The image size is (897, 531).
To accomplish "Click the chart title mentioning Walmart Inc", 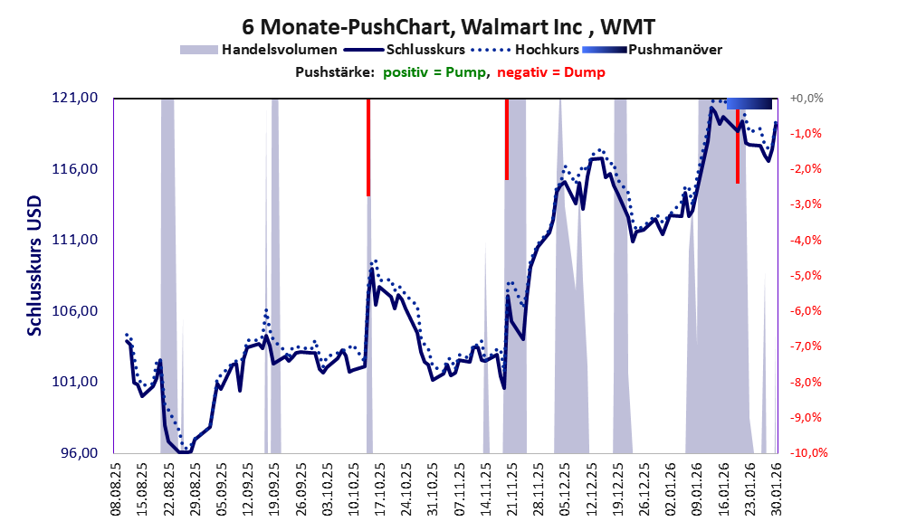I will pyautogui.click(x=449, y=24).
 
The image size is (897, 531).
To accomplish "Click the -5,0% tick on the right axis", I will pyautogui.click(x=806, y=276).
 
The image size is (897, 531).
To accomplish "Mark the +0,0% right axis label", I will pyautogui.click(x=806, y=99).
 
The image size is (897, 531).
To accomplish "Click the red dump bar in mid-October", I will pyautogui.click(x=368, y=147).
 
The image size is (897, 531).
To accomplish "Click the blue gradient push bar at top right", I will pyautogui.click(x=749, y=103).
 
